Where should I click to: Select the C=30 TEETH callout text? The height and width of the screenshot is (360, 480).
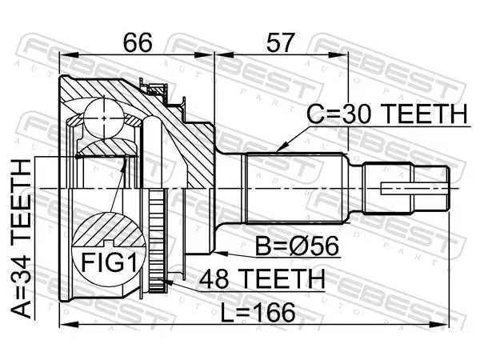(387, 114)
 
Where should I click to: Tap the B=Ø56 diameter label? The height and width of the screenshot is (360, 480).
(298, 246)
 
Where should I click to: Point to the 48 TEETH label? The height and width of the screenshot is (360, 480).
(262, 278)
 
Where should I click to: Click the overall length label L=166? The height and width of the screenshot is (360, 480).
(258, 312)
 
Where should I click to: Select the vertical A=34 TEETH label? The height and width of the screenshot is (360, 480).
(21, 238)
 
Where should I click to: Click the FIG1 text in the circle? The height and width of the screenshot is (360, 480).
(109, 262)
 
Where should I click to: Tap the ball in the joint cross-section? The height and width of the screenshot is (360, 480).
(104, 118)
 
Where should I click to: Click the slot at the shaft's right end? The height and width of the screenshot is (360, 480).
(414, 189)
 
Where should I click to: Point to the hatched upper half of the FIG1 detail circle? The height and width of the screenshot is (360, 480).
(108, 230)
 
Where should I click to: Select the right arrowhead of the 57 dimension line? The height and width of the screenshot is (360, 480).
(341, 55)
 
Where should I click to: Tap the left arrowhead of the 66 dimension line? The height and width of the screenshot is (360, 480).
(68, 55)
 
